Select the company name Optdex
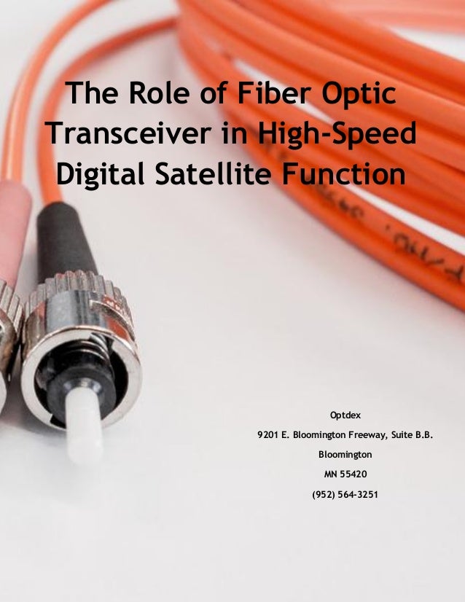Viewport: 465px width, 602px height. click(x=345, y=415)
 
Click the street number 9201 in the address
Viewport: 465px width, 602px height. click(x=269, y=435)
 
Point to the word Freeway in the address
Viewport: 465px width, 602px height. click(x=364, y=435)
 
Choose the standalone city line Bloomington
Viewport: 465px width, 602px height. click(x=345, y=455)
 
